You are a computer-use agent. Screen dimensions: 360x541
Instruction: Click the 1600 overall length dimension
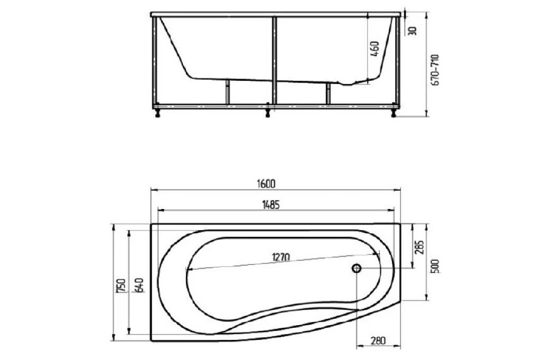tap(267, 184)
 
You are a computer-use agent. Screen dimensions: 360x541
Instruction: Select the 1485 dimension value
tap(270, 205)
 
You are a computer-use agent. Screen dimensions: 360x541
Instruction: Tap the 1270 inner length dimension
tap(281, 258)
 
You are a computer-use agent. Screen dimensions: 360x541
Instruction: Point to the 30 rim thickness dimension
tap(414, 30)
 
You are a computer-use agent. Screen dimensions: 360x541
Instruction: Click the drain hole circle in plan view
tap(357, 269)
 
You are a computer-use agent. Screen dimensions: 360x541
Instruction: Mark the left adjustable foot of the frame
tap(157, 111)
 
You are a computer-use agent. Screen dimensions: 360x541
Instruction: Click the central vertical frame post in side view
tap(274, 58)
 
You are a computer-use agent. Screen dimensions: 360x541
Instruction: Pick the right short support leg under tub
tap(328, 93)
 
